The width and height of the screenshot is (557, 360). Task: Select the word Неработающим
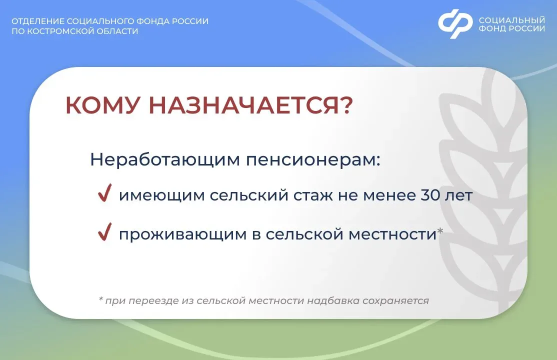(x=165, y=159)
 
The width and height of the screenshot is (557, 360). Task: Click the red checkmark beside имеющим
(x=105, y=193)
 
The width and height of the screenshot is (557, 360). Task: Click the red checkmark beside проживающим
(x=105, y=231)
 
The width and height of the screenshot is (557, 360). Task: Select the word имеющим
(x=161, y=196)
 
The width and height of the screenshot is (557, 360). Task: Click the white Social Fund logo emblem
(x=455, y=24)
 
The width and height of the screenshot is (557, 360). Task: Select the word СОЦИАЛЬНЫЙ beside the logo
(x=512, y=20)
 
